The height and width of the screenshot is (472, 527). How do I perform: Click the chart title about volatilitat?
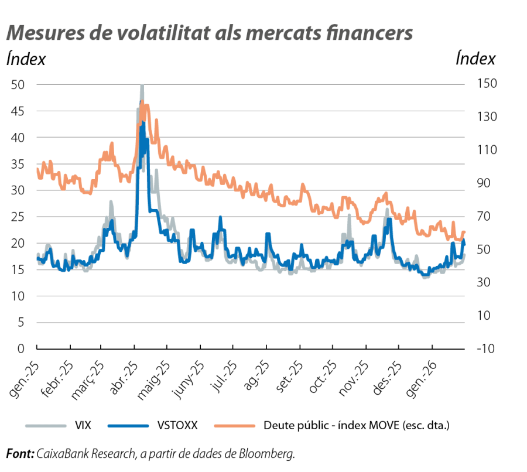tap(210, 33)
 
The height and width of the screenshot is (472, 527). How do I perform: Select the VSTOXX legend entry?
tap(179, 426)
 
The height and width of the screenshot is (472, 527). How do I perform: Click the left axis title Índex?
tap(26, 59)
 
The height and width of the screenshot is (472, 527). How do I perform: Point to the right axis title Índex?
tap(475, 59)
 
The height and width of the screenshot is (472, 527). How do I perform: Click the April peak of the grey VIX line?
tap(142, 86)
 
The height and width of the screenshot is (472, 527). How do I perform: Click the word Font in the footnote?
tap(19, 454)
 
